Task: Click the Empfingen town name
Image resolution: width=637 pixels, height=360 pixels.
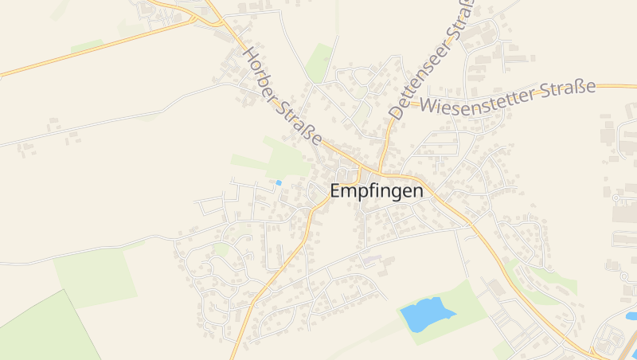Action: tap(377, 191)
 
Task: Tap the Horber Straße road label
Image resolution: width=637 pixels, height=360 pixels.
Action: tap(283, 96)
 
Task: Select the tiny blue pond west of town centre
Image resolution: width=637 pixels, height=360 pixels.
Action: tap(279, 183)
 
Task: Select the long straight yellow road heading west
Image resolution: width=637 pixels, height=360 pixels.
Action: tap(96, 48)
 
